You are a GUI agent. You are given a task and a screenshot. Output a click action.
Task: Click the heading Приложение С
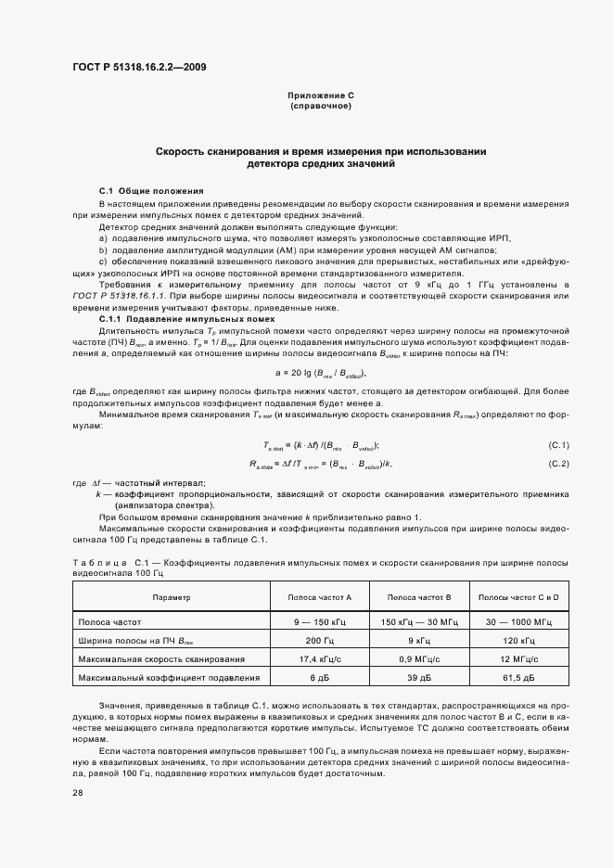tap(321, 96)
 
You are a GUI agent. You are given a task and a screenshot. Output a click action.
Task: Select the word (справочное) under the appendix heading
tap(321, 106)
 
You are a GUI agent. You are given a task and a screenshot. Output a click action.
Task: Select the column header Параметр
tap(172, 598)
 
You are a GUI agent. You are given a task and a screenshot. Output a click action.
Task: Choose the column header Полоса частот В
tap(418, 598)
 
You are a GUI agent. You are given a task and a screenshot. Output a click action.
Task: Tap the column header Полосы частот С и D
tap(518, 598)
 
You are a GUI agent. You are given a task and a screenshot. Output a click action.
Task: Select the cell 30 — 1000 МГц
tap(518, 621)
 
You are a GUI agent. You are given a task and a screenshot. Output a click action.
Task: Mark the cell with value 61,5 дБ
tap(518, 678)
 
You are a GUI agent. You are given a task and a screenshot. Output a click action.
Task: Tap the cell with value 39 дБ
tap(418, 678)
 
